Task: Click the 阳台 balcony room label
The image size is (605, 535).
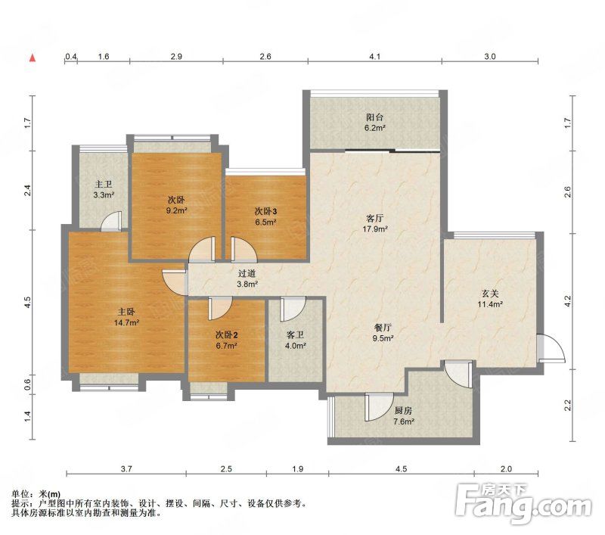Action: (x=374, y=117)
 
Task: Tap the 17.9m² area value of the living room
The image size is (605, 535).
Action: (x=375, y=229)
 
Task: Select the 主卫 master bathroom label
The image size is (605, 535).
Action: (x=104, y=185)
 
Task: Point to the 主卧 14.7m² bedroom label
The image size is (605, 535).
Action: (x=126, y=317)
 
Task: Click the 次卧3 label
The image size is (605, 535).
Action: (x=266, y=211)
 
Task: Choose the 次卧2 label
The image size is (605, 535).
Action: (x=226, y=334)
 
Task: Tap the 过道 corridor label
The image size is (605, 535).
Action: (x=247, y=274)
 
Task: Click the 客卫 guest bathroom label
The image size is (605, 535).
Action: (x=295, y=334)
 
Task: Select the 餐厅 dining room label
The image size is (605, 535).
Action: (x=383, y=328)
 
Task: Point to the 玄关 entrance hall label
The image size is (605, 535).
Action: (x=490, y=294)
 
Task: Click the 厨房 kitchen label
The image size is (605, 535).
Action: (x=404, y=411)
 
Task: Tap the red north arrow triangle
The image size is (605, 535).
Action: (x=33, y=58)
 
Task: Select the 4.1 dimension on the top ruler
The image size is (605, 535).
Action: (x=375, y=56)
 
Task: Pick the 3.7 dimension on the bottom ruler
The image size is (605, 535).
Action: (x=126, y=469)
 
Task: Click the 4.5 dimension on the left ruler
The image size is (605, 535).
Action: (x=27, y=302)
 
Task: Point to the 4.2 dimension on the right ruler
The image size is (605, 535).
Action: (x=567, y=301)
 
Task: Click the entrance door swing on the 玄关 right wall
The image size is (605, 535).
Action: (x=552, y=348)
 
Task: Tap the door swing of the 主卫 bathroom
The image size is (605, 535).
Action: (x=111, y=221)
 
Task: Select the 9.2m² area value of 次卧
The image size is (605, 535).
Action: (x=176, y=211)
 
